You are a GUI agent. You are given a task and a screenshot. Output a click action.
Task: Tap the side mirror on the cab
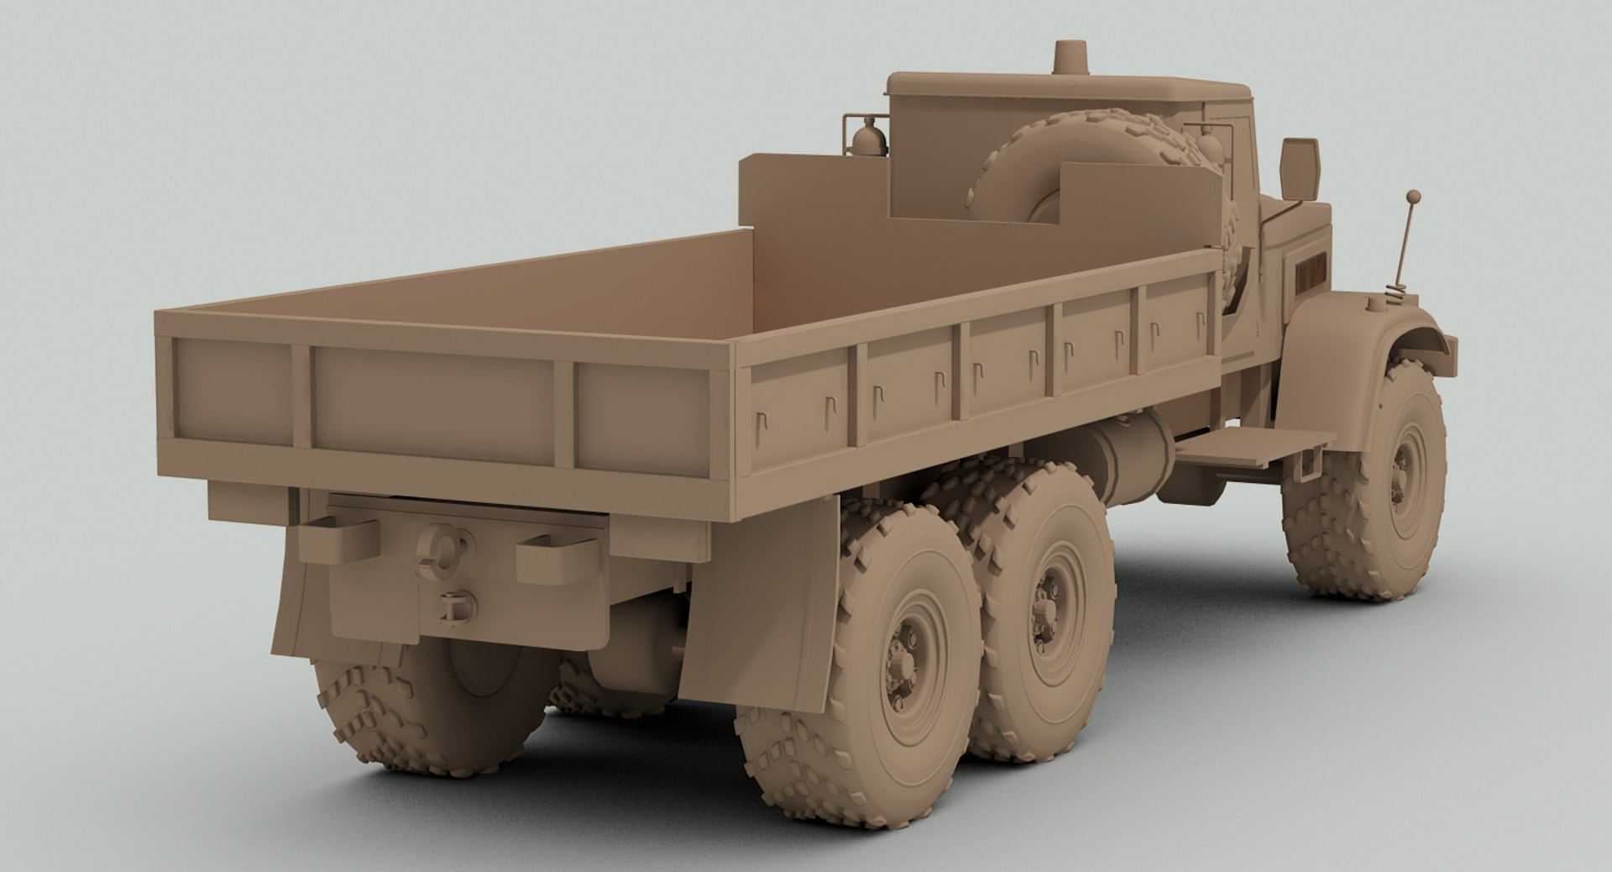(x=1300, y=168)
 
